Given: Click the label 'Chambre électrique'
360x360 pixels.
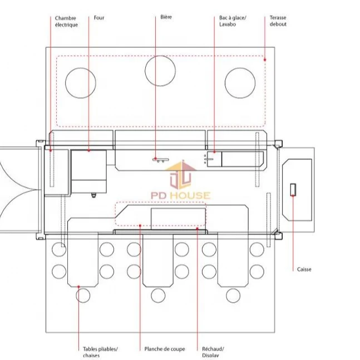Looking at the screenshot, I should click(66, 21).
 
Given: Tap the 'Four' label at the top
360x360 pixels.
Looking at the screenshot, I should click(99, 18).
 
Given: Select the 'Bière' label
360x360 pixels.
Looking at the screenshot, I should click(166, 17).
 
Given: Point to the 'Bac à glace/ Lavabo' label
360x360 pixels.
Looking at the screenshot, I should click(232, 21).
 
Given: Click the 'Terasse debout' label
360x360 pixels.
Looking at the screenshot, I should click(278, 21).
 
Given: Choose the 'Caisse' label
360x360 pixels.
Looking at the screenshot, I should click(304, 269).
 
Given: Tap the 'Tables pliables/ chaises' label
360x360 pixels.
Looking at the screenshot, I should click(100, 352).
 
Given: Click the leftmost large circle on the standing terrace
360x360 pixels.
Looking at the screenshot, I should click(81, 83).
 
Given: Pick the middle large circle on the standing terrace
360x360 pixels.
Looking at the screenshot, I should click(160, 71).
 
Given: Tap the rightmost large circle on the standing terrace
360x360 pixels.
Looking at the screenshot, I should click(240, 83).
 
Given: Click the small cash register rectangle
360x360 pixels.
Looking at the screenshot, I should click(293, 189).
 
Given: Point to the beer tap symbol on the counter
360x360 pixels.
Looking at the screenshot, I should click(158, 160).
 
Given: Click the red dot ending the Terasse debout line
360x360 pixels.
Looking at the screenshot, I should click(265, 60).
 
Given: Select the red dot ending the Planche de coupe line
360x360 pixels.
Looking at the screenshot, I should click(140, 226).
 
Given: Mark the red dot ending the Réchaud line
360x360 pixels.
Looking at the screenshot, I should click(197, 228).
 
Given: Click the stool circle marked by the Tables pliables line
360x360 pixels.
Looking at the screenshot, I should click(82, 295).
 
